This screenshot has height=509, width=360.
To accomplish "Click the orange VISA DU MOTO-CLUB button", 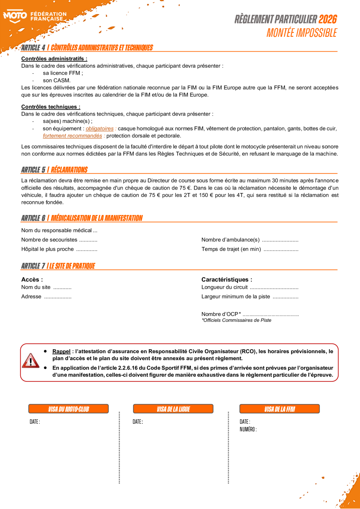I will [69, 409].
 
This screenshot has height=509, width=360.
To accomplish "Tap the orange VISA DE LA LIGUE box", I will [173, 409].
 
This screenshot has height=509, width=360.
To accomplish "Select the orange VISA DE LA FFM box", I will [279, 409].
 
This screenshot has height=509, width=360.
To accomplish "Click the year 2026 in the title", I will [327, 19].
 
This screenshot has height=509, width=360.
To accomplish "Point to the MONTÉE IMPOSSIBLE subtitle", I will [301, 33].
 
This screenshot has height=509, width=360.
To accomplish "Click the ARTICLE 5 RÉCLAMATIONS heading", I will [54, 170].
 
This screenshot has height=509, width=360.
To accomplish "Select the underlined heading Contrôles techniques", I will [51, 107].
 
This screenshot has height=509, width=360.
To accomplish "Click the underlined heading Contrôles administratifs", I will [54, 59].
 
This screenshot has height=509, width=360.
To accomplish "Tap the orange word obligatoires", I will [99, 128].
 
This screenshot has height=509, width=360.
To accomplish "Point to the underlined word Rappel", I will [61, 351].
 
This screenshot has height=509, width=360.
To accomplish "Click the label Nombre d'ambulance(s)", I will [230, 240].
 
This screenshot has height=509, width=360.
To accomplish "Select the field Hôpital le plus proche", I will [47, 249].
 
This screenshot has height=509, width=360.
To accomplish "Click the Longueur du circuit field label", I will [224, 287].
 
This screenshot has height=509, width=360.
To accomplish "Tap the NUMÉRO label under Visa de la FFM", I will [248, 430].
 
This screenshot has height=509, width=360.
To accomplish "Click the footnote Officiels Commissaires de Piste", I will [236, 320].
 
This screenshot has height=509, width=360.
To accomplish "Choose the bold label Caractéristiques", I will [226, 280].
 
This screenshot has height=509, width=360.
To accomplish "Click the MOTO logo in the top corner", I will [15, 16].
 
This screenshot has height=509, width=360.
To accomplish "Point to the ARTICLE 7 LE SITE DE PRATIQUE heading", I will [58, 266].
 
